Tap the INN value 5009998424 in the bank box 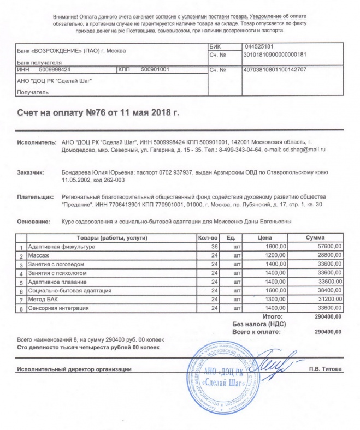pyautogui.click(x=55, y=70)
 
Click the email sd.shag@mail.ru pyautogui.click(x=306, y=149)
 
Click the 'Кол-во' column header pyautogui.click(x=208, y=238)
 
